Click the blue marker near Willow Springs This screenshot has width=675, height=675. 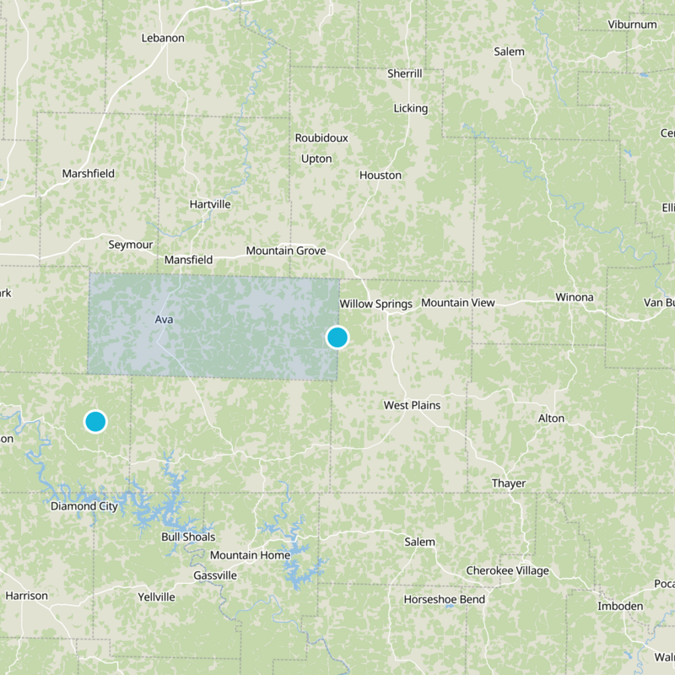click(x=337, y=337)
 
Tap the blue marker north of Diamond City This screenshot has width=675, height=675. click(x=95, y=421)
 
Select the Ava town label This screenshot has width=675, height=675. click(x=164, y=320)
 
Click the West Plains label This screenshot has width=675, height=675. click(x=412, y=405)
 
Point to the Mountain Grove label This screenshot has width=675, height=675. click(x=284, y=251)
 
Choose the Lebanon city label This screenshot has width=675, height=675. click(x=162, y=38)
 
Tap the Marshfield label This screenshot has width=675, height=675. click(x=88, y=174)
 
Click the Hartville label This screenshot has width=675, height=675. click(x=210, y=204)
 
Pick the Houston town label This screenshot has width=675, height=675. click(x=381, y=175)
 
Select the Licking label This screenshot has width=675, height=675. click(x=411, y=108)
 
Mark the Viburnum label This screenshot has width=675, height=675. click(x=632, y=24)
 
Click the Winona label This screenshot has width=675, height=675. click(x=575, y=297)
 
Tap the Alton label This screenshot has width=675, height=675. click(x=552, y=418)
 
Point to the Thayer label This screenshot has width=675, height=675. click(x=509, y=483)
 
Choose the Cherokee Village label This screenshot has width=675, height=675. click(x=507, y=570)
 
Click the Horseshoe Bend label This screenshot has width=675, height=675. click(x=444, y=599)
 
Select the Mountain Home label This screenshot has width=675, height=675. click(x=250, y=555)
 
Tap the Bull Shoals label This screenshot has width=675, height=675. click(x=188, y=537)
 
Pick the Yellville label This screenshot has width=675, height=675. click(x=156, y=597)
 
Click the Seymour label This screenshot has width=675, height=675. click(x=131, y=245)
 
